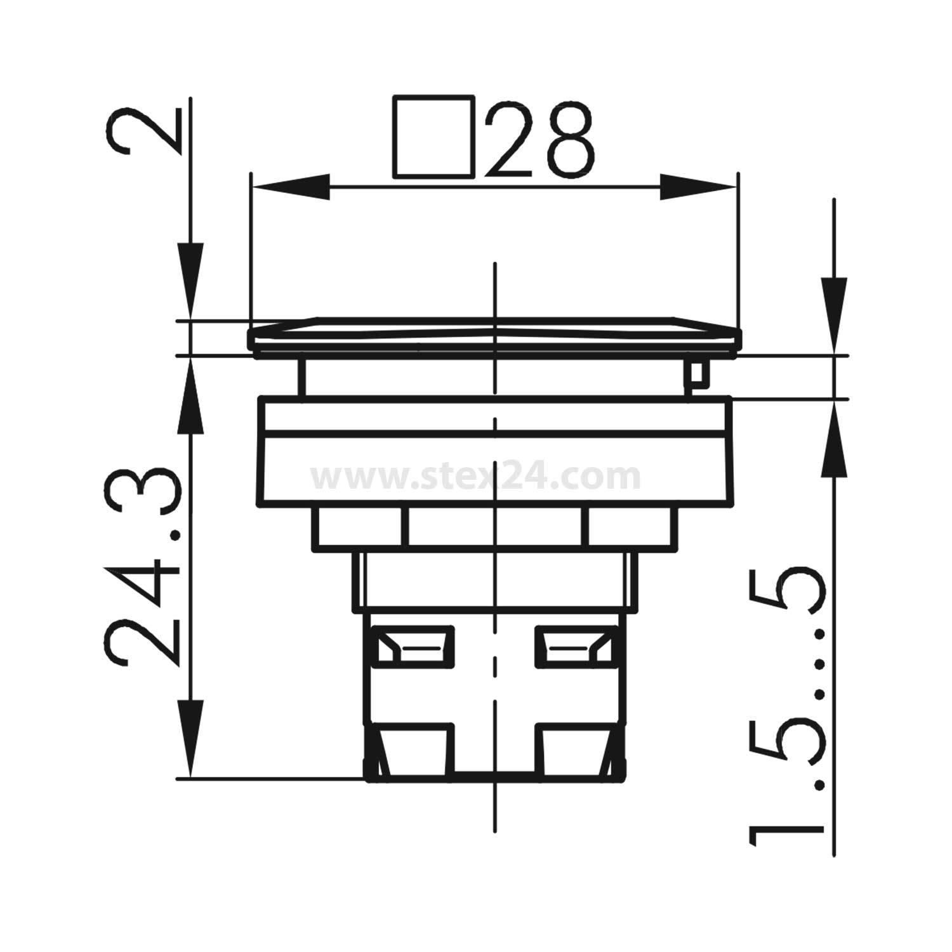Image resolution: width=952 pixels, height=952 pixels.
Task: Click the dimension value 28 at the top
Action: click(x=541, y=138)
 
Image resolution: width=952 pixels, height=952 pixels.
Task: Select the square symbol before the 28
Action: click(x=433, y=136)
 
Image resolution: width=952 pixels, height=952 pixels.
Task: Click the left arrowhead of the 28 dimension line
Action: click(x=289, y=187)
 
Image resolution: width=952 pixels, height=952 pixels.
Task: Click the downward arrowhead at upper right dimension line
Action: click(x=834, y=314)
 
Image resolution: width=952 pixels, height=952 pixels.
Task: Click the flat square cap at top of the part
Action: click(x=495, y=334)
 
